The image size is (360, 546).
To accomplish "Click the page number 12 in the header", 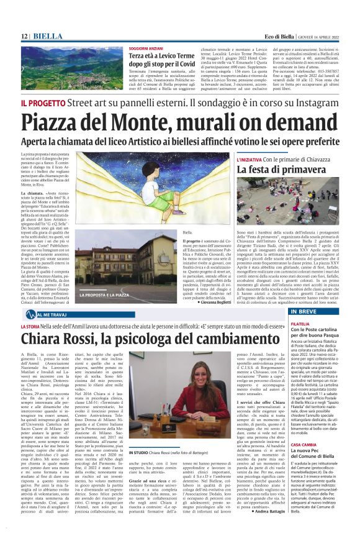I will [x=25, y=36].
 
